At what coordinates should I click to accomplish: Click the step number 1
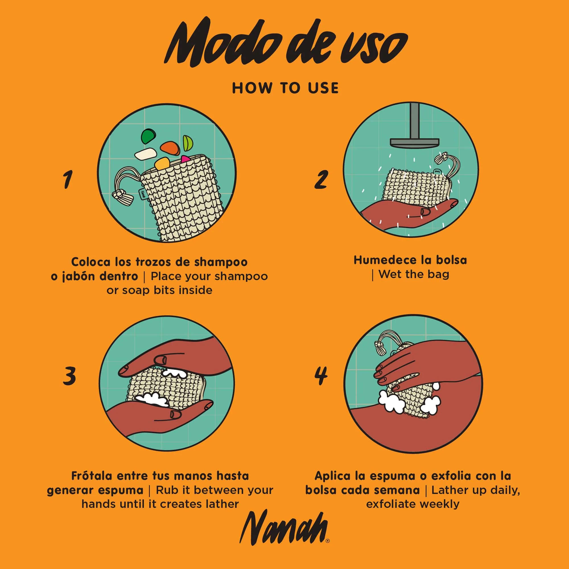67,179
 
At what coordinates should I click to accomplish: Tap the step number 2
321,179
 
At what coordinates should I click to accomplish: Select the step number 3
69,376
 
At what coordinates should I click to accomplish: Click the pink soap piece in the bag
185,159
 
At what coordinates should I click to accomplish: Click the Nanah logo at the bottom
284,531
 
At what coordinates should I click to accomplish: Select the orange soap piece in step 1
170,148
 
